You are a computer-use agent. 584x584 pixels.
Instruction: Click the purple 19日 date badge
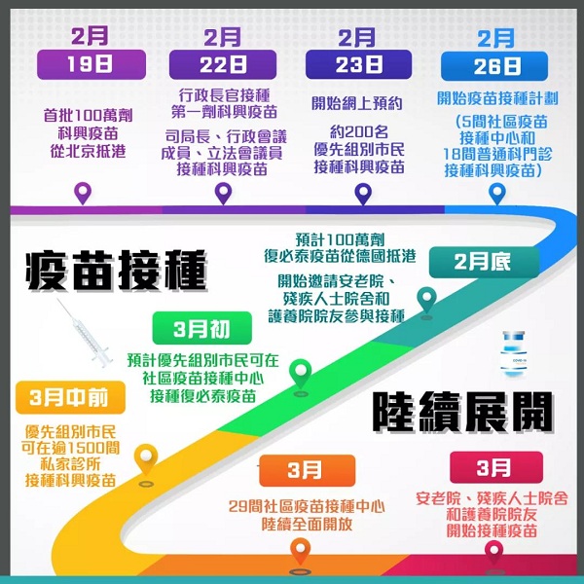(91, 64)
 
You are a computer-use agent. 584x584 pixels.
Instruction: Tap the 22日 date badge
(223, 65)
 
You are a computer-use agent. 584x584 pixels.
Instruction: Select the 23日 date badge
(358, 65)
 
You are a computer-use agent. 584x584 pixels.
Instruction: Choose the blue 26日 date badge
(494, 66)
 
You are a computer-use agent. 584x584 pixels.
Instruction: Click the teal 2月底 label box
(484, 262)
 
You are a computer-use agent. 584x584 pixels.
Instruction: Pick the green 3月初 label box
(202, 328)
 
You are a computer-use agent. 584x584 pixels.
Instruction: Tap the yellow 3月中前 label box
(70, 397)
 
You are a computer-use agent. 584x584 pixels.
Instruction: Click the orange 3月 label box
(308, 470)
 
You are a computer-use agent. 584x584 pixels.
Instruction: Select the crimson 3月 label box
(496, 467)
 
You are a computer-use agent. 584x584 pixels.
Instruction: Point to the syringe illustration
(84, 333)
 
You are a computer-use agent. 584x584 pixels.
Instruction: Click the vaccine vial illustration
(514, 354)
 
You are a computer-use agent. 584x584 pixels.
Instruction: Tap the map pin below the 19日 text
(83, 194)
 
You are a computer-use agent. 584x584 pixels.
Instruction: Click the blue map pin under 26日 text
(497, 194)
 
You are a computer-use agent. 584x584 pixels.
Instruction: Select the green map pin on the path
(301, 374)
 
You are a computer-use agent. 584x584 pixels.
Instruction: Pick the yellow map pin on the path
(146, 458)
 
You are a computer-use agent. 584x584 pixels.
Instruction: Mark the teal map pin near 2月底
(427, 300)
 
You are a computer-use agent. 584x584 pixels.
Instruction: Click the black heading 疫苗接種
(116, 271)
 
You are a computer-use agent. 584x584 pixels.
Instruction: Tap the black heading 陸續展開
(462, 412)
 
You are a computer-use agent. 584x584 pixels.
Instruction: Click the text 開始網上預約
(357, 103)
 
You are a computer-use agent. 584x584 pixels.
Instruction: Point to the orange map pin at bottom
(300, 551)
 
